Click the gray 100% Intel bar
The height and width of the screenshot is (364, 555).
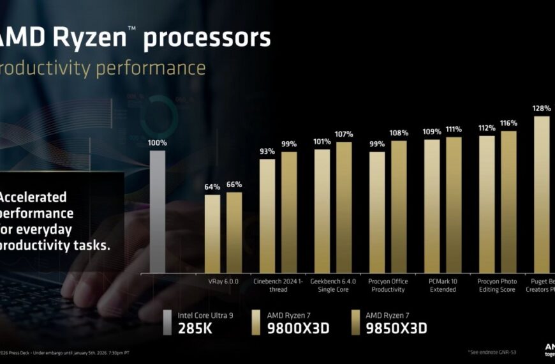tap(157, 211)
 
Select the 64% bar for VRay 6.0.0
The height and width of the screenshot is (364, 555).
tap(212, 234)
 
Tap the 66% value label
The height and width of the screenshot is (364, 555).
tap(234, 185)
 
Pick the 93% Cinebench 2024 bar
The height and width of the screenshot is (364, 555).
tap(267, 216)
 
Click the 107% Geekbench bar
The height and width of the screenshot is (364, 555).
tap(344, 208)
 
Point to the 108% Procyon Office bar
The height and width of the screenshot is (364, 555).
tap(399, 207)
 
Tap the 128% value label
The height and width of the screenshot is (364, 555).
tap(542, 108)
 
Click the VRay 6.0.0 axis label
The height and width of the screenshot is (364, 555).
tap(223, 281)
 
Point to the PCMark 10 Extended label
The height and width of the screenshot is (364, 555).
tap(443, 285)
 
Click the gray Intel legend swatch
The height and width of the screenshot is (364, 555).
tap(167, 322)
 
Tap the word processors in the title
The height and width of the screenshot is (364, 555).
tap(207, 38)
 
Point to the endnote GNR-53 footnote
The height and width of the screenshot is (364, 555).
tap(496, 353)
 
